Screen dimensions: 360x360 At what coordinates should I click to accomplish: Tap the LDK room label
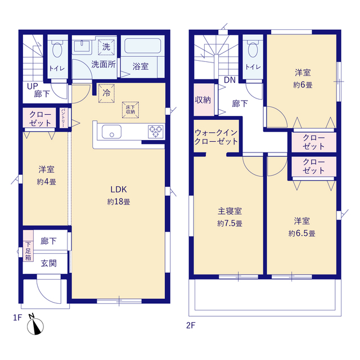(119, 190)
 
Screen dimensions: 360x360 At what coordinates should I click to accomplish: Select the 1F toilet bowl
(57, 49)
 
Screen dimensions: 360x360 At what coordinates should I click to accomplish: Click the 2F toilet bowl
(253, 49)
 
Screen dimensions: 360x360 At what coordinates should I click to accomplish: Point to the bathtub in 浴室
(142, 46)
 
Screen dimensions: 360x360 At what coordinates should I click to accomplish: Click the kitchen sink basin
(111, 132)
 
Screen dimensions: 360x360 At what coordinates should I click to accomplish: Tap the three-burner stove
(156, 132)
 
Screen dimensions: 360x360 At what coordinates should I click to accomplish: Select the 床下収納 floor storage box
(130, 110)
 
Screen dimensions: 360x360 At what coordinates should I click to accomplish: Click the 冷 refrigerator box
(106, 93)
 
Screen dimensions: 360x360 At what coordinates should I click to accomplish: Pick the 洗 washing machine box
(106, 47)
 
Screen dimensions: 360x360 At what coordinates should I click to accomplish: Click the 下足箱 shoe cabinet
(28, 246)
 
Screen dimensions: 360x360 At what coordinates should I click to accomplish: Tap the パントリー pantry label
(62, 118)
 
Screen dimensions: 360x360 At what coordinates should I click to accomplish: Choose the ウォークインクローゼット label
(216, 137)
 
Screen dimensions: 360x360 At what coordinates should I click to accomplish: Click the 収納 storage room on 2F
(204, 100)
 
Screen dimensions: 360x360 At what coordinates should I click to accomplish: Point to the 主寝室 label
(229, 211)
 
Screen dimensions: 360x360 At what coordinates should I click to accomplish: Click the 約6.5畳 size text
(301, 233)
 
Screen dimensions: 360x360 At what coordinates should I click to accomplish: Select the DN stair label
(229, 80)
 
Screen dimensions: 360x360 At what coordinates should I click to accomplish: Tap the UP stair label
(33, 86)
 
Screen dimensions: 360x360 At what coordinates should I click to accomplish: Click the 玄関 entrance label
(49, 263)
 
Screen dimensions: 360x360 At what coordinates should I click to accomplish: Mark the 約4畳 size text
(46, 182)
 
